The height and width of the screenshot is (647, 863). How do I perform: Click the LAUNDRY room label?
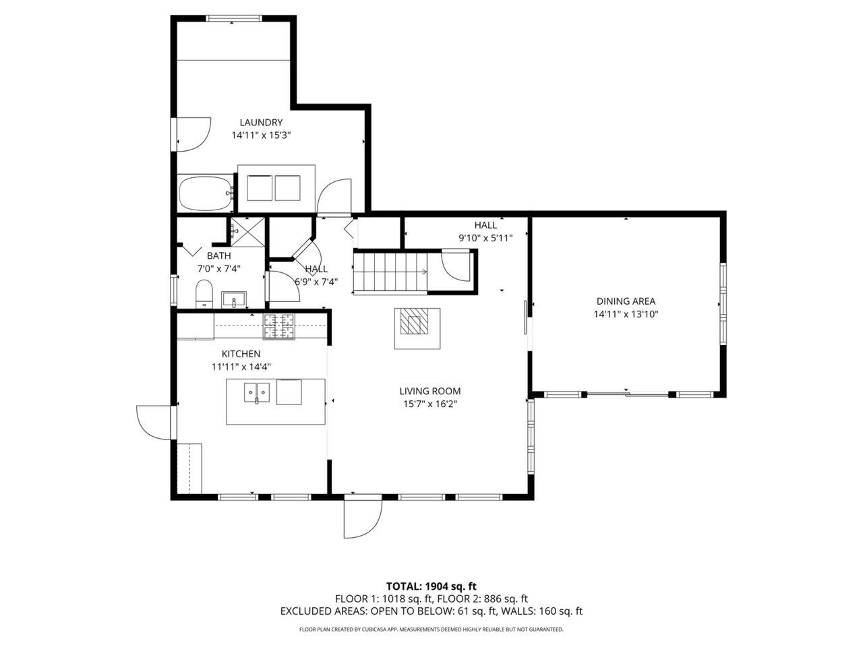tap(261, 123)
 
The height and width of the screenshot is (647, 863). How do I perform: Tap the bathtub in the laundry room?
tap(206, 193)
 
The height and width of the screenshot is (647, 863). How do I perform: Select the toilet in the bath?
tap(204, 294)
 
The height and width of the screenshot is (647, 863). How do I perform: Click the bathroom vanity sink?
tap(234, 300)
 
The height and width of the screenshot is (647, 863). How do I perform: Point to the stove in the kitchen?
tap(279, 326)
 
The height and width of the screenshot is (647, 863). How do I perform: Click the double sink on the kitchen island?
tap(257, 392)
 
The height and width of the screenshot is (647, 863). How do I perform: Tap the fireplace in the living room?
tap(417, 328)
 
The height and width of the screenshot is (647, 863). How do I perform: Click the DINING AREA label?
tap(626, 301)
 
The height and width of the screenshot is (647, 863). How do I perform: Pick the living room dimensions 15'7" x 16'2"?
tap(429, 404)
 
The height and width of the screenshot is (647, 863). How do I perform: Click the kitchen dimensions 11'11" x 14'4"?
tap(241, 367)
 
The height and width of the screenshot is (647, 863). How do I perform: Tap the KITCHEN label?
tap(241, 354)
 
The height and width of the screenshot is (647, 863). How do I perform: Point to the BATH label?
tap(218, 255)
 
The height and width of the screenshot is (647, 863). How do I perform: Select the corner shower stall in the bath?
tap(247, 232)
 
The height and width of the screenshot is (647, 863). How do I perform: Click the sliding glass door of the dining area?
tap(628, 394)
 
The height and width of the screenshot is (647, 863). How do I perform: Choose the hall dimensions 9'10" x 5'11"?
tap(485, 238)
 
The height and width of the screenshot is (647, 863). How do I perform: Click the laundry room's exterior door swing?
tap(193, 134)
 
